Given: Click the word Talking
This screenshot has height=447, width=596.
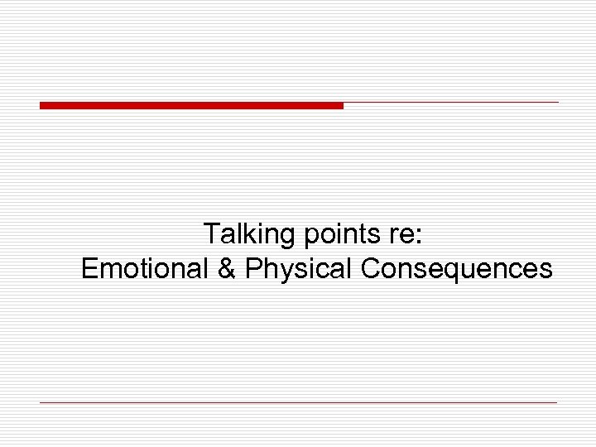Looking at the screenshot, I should pos(250,235).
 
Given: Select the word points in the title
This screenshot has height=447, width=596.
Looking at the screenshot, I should pos(342,235).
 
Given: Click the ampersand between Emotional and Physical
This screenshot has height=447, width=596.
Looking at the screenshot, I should pos(227,268).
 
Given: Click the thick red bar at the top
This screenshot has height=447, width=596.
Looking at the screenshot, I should pos(190,105).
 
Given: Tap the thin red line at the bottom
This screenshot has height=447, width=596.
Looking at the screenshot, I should pos(298,402).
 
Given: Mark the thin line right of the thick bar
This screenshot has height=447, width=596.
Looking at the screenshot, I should pos(451,103).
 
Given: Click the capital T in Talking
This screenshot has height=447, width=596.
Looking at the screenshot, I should pos(211,234).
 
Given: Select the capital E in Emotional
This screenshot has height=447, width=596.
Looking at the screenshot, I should pos(90,268).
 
